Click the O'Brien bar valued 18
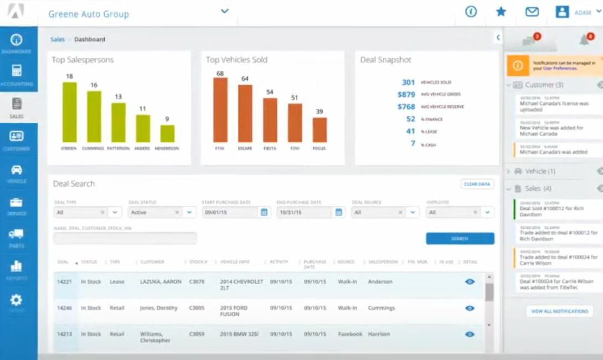(69, 112)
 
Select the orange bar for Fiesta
(270, 120)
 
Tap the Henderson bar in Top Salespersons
(167, 133)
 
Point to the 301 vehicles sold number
(408, 82)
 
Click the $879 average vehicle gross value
(406, 94)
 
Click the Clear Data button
(477, 184)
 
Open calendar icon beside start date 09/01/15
(264, 212)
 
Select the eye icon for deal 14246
(470, 308)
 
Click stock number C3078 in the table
(197, 281)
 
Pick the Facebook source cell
(350, 334)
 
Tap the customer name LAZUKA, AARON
(161, 281)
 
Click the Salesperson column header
(383, 262)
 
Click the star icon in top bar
(501, 12)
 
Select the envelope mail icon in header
(532, 12)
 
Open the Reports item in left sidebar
(16, 269)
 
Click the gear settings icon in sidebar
(16, 300)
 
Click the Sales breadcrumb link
(57, 39)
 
